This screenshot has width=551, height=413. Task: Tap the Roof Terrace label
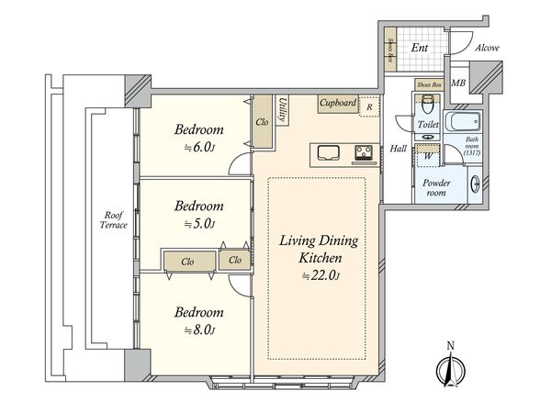coord(113,220)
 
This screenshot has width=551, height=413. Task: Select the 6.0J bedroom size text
coord(199,148)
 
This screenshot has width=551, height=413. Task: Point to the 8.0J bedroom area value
coord(199,330)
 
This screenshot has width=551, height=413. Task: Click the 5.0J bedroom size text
coord(199,224)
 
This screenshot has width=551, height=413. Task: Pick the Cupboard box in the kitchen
coord(338,104)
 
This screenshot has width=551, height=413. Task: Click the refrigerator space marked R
coord(369,106)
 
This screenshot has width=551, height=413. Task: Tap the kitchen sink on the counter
coord(329,153)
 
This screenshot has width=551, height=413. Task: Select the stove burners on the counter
coord(364,152)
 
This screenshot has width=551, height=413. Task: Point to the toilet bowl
coord(427,104)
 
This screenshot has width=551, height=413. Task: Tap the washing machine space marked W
coord(427,155)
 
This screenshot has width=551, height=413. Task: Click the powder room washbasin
coord(475,184)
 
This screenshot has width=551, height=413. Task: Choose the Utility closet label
coord(283,110)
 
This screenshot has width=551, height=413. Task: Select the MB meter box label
coord(458,84)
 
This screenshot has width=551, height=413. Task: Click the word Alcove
coord(487,48)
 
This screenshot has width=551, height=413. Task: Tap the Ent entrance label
coord(420,48)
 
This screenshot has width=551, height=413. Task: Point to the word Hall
coord(399,149)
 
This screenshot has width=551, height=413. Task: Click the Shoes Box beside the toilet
coord(429,85)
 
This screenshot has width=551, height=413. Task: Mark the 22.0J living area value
coord(321,275)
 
